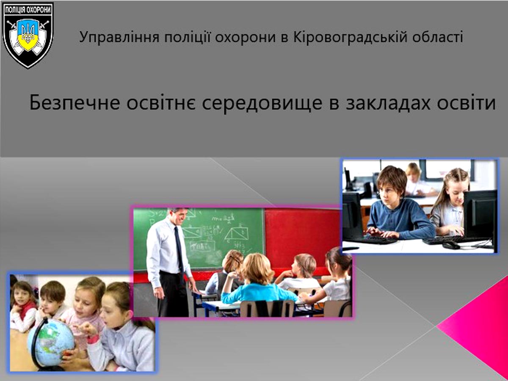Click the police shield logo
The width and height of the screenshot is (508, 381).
tap(28, 36)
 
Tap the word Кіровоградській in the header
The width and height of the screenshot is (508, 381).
tap(350, 37)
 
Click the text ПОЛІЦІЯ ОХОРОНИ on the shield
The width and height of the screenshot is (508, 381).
tap(28, 10)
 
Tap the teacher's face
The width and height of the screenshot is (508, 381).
tap(179, 217)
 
